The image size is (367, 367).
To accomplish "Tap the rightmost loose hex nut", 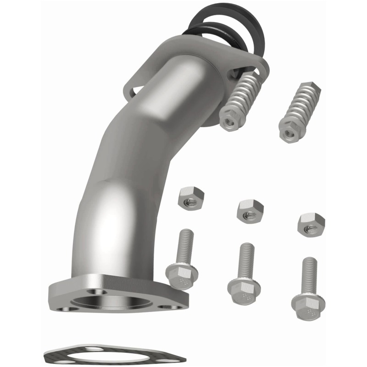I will [311, 223].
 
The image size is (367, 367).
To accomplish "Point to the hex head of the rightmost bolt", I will [308, 303].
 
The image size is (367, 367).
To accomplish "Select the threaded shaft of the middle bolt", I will [246, 259].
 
